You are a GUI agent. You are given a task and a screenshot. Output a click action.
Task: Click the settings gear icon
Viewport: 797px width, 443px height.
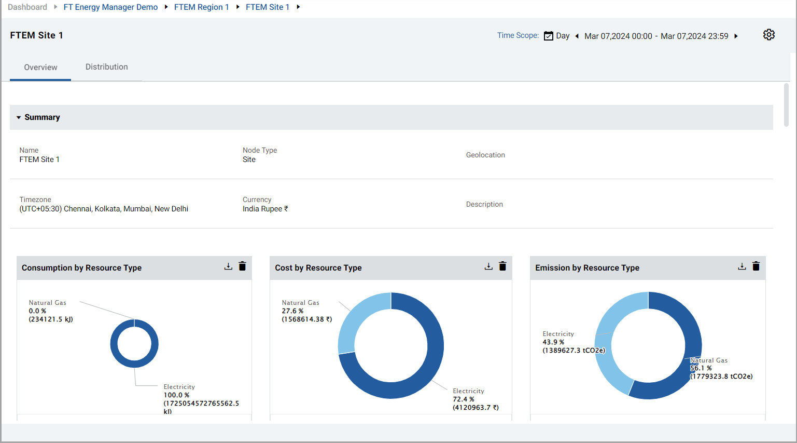(x=768, y=35)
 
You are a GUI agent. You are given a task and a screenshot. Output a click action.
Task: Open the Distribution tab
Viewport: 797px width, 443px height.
(x=106, y=67)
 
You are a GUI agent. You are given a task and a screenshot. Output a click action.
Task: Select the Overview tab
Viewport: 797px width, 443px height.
(x=40, y=68)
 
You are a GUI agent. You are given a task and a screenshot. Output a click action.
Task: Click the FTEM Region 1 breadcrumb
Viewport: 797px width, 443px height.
(x=201, y=7)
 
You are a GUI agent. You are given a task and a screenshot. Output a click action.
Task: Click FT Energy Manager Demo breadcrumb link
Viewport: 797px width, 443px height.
(x=110, y=7)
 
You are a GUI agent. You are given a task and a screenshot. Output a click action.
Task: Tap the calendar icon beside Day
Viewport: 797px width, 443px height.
(x=548, y=36)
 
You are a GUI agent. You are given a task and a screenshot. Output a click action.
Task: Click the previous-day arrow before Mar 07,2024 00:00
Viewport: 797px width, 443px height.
(x=577, y=36)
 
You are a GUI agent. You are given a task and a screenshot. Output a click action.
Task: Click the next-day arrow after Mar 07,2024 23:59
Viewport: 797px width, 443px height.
(x=736, y=36)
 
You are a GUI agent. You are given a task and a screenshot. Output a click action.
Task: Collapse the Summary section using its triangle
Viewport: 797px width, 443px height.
(x=19, y=117)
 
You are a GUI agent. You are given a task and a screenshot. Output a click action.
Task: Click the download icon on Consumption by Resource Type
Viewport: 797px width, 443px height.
(x=228, y=266)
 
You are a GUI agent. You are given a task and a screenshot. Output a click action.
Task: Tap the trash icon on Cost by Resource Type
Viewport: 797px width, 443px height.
(x=502, y=266)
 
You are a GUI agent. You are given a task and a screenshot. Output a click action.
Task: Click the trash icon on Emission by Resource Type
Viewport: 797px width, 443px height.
(x=756, y=266)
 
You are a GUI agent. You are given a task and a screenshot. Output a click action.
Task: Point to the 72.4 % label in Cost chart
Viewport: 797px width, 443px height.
(x=464, y=399)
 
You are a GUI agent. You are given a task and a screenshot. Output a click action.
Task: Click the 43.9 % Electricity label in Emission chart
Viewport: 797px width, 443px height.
(x=553, y=342)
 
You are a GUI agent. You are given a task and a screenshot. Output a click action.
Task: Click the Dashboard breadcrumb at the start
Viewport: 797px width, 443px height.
(x=27, y=7)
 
